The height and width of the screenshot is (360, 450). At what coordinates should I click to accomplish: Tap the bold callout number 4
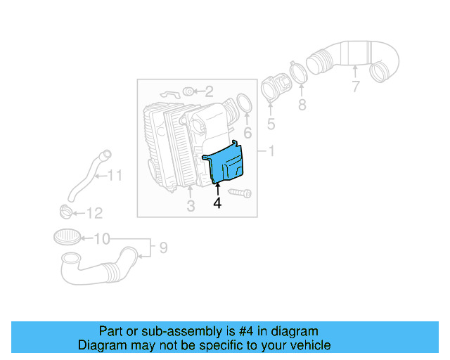pos(217,203)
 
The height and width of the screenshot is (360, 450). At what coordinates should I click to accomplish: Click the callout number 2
pos(209,91)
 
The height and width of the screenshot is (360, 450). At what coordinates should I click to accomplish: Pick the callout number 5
pos(247,133)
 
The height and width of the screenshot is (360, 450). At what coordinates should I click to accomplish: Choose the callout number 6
pos(356,86)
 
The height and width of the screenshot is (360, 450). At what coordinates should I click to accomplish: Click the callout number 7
pos(302,105)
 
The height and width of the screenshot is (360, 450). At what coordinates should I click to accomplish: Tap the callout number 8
pos(162,247)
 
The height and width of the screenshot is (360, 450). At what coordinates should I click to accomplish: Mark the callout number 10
pos(114,175)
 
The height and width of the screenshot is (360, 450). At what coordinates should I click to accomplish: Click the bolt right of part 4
pos(240,192)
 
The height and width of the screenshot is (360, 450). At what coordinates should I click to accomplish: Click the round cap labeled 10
pos(65,236)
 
